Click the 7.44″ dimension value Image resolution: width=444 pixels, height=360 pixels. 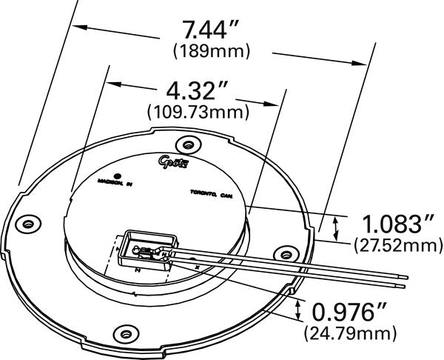click(211, 30)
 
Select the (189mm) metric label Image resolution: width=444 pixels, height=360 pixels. click(211, 51)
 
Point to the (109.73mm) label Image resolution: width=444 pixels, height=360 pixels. click(198, 112)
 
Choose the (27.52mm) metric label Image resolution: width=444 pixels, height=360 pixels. click(394, 242)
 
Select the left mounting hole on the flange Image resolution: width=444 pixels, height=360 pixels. click(29, 221)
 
